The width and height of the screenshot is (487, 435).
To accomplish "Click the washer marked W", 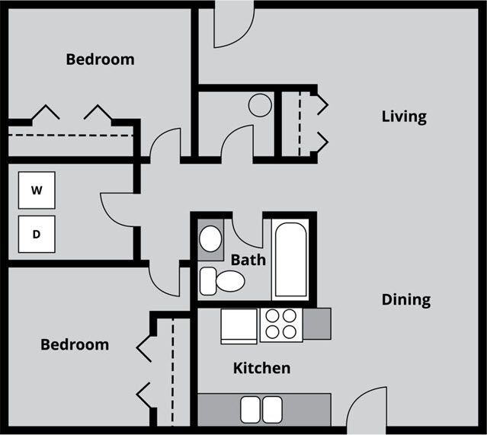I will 37,190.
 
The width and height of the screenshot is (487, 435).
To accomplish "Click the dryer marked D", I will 37,234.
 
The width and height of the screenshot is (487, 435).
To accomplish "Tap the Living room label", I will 404,117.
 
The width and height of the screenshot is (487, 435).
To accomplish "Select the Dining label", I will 406,299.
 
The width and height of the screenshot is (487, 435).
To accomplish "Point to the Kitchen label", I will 261,369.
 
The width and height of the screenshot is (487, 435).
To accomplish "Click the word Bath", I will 248,260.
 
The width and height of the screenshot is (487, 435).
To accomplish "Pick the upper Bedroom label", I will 100,59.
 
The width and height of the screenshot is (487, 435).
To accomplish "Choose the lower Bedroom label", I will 75,344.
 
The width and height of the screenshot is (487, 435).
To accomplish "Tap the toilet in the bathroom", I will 223,281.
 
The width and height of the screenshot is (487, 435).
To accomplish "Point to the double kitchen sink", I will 261,410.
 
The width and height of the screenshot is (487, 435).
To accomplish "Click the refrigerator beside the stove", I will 239,325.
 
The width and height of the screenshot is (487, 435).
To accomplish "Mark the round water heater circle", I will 260,105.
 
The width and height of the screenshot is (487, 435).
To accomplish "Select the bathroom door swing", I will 247,231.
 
